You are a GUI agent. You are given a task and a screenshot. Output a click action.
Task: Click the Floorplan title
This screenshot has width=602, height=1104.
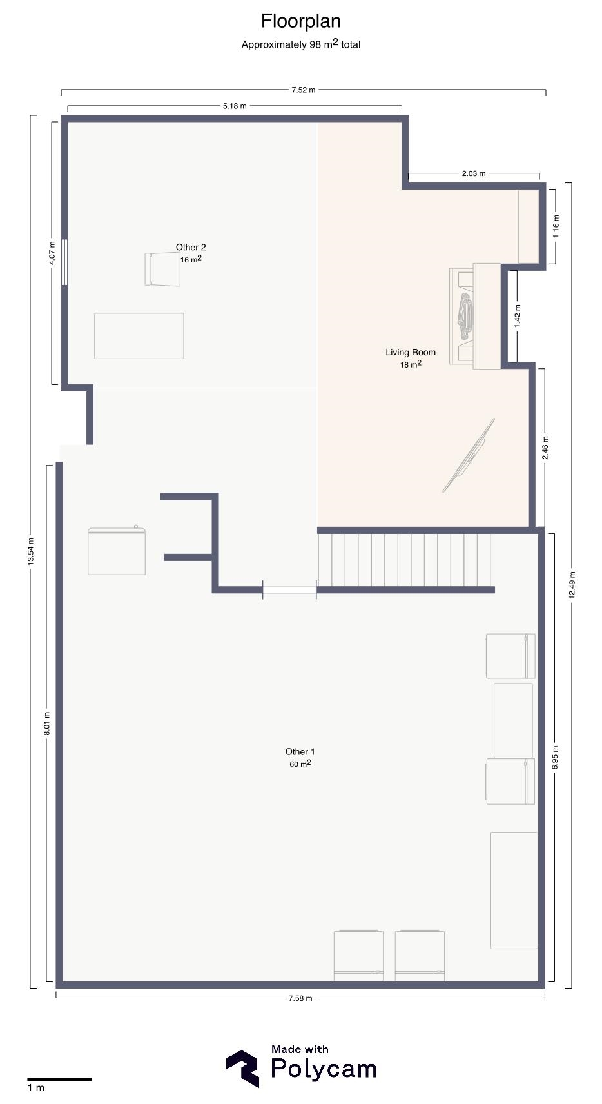coord(300,21)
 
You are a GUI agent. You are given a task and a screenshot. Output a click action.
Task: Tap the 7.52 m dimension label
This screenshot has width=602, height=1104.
coord(303,90)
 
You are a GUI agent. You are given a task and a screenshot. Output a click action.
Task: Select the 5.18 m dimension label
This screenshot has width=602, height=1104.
coord(235,106)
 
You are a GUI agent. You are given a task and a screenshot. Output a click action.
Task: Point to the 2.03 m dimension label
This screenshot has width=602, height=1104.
coord(474,173)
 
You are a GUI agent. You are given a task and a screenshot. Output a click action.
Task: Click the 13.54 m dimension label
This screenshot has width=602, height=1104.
coord(30,551)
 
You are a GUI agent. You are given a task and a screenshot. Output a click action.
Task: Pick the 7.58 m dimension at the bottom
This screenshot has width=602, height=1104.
coord(300,998)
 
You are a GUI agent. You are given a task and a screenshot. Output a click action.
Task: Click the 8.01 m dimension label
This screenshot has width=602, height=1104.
coord(47,724)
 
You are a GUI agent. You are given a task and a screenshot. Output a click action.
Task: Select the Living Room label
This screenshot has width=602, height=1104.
coord(411,352)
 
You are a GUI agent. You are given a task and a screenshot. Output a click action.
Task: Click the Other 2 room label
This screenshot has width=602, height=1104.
coord(191,248)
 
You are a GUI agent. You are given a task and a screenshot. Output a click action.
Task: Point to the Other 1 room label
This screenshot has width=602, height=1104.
coord(300,752)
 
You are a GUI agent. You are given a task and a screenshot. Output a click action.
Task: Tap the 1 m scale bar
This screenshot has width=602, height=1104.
coord(59,1079)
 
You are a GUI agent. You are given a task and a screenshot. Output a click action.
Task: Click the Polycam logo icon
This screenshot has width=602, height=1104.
coord(243,1068)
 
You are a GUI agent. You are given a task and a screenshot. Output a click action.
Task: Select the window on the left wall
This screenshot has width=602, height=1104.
coord(64,262)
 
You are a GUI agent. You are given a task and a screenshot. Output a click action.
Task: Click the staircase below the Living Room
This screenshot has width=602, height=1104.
coord(405,558)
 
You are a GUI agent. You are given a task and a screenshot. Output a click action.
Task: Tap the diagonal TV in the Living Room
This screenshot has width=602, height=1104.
coord(469,455)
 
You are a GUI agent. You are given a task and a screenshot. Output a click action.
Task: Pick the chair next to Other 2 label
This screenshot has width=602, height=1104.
coord(162,269)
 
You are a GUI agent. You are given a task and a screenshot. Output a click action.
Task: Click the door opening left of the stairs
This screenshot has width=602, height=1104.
coord(289,590)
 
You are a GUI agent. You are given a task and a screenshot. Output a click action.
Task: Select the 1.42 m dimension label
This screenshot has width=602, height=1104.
coord(517,316)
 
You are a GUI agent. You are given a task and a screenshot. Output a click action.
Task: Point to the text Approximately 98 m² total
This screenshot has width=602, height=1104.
coord(300,44)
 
